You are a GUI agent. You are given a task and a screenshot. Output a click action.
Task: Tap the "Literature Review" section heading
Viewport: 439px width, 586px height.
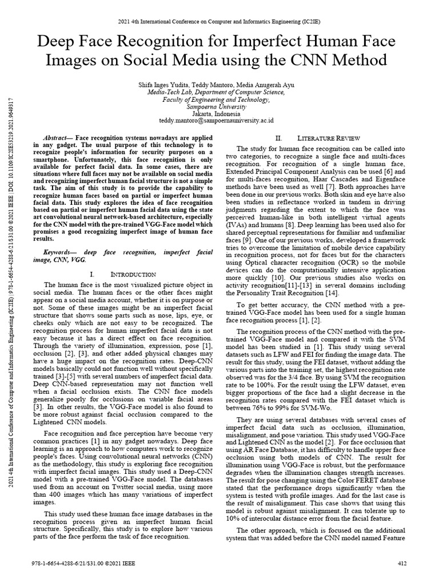[x=328, y=138]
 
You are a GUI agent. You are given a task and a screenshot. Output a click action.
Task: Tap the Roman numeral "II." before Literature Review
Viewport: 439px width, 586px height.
[x=280, y=138]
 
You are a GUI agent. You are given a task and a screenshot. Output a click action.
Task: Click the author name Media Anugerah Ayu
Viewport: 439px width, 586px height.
[x=268, y=85]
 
